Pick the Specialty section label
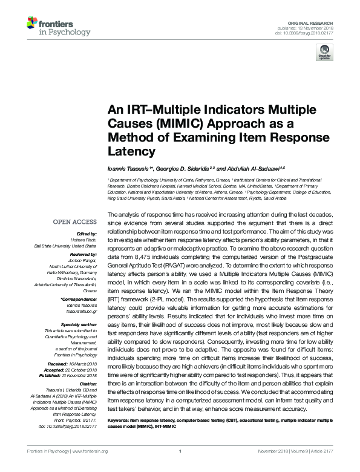80,325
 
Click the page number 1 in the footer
181,467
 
